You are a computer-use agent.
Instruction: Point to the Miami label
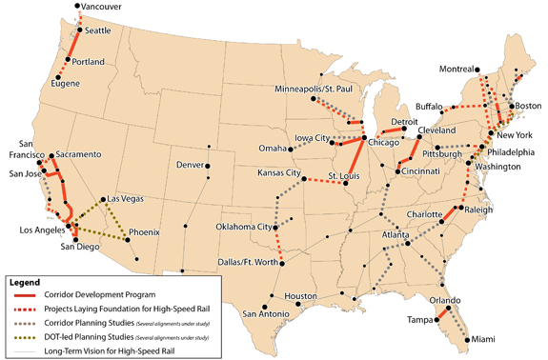click(487, 341)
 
